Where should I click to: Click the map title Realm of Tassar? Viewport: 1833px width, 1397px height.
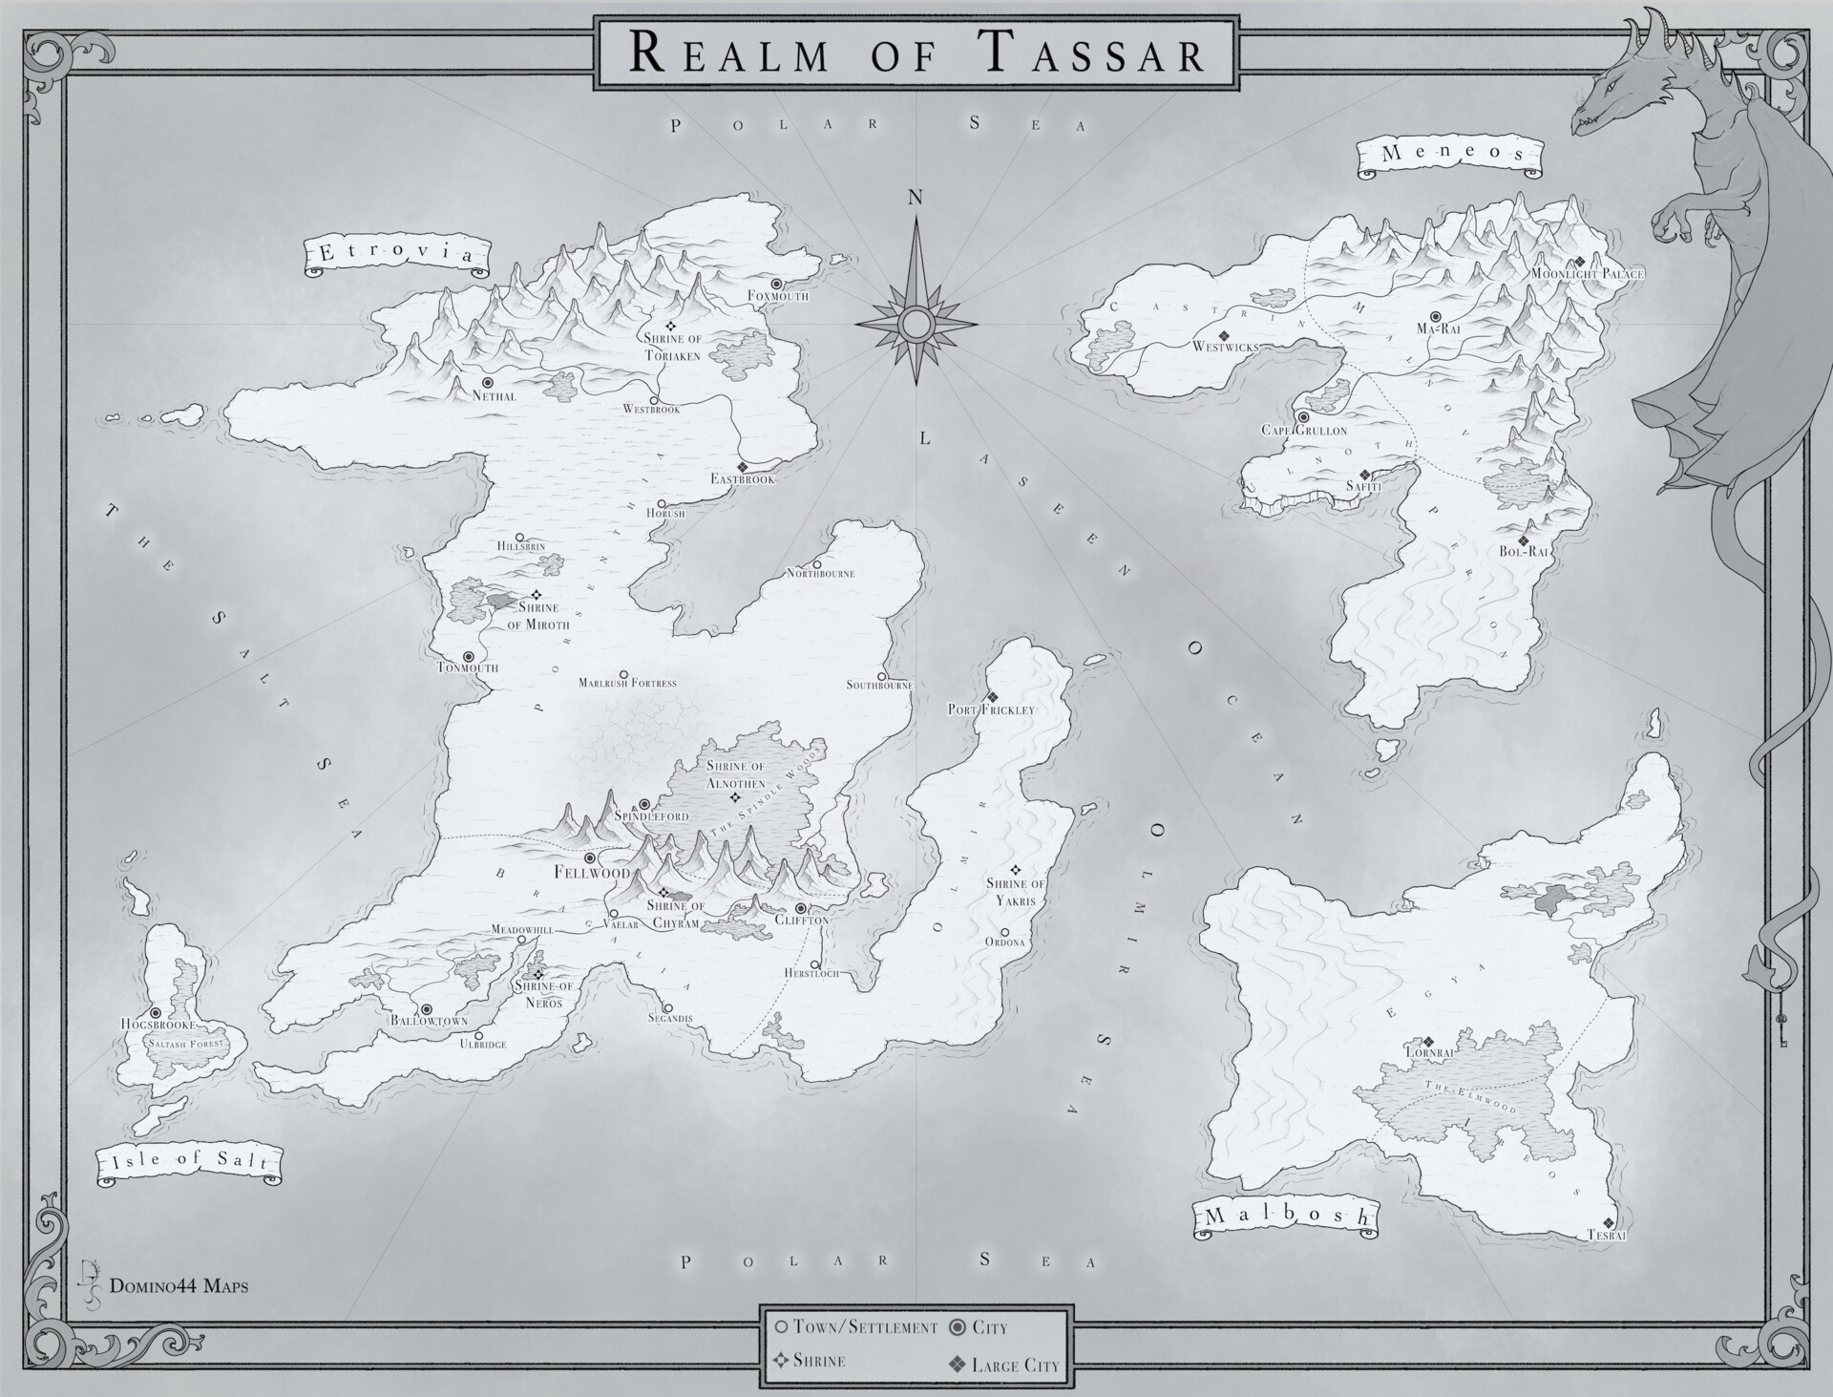tap(916, 53)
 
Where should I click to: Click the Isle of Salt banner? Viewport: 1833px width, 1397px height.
tap(190, 1162)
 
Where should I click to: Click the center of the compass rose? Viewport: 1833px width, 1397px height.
tap(916, 325)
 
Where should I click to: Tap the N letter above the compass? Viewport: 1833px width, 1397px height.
tap(916, 198)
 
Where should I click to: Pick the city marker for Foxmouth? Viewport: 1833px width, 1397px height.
tap(777, 284)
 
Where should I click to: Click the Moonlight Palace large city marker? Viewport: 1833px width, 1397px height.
tap(1580, 261)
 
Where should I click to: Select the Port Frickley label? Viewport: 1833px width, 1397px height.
tap(991, 710)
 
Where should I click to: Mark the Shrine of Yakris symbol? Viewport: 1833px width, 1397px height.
tap(1016, 870)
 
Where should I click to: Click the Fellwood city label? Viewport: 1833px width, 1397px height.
tap(592, 873)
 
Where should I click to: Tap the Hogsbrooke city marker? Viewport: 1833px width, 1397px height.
tap(156, 1012)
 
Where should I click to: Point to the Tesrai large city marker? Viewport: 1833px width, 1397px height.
tap(1609, 1222)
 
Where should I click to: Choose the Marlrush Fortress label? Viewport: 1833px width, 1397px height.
tap(627, 683)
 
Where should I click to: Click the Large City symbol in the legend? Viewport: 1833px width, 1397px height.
tap(957, 1365)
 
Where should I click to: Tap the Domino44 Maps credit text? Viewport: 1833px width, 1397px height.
tap(179, 1286)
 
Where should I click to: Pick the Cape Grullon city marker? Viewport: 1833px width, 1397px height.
tap(1303, 417)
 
